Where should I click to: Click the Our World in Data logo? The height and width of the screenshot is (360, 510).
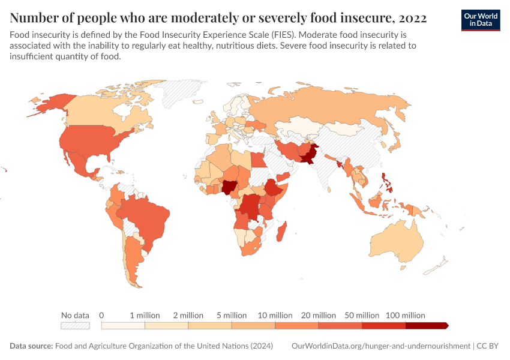pyautogui.click(x=480, y=20)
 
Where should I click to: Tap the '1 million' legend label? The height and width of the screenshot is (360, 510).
pyautogui.click(x=144, y=315)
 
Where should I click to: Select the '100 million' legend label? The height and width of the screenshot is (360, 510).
pyautogui.click(x=405, y=315)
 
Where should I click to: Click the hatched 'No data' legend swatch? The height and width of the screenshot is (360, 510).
pyautogui.click(x=75, y=325)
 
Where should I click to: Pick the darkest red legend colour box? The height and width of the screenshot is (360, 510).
pyautogui.click(x=426, y=325)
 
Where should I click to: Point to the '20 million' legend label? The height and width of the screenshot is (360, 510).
pyautogui.click(x=318, y=315)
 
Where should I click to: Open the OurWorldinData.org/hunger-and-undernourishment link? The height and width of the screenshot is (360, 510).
pyautogui.click(x=380, y=346)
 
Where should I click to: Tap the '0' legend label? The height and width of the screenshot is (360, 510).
pyautogui.click(x=101, y=315)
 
